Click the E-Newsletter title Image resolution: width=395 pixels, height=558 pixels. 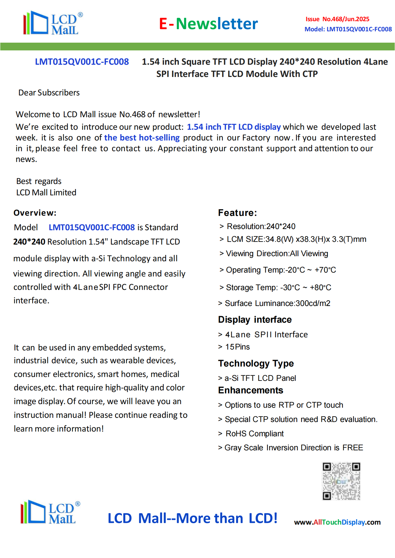(208, 24)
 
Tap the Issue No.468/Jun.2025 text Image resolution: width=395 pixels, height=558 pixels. (337, 19)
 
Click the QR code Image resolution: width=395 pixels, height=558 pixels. (341, 481)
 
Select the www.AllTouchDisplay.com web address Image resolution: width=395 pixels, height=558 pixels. (337, 522)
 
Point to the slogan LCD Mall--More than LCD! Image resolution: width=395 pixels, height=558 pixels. (193, 518)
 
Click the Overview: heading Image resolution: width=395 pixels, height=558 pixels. (35, 213)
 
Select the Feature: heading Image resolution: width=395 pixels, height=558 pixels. (237, 213)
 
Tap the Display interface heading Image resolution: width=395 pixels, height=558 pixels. (255, 320)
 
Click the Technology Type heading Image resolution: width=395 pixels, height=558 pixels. (256, 364)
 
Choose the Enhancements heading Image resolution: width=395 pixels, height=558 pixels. (250, 390)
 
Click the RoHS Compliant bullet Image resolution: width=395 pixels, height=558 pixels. (254, 434)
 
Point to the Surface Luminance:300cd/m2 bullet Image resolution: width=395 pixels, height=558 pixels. (277, 303)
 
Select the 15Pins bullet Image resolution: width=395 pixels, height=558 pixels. (237, 347)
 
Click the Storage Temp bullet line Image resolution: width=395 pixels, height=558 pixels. (278, 287)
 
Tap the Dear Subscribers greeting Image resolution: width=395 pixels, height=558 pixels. (49, 93)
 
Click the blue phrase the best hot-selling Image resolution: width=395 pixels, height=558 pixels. (142, 138)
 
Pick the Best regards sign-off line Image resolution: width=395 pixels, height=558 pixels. (39, 181)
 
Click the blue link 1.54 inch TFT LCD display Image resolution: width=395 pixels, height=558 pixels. (234, 127)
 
